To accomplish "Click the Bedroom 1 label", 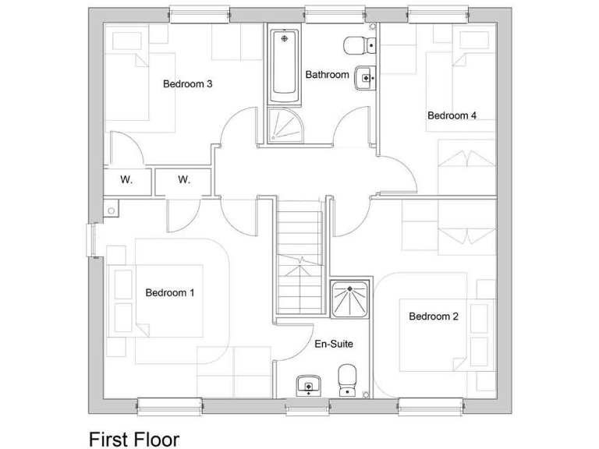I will tap(169, 292).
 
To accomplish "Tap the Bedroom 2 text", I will tap(433, 316).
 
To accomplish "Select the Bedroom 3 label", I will tap(188, 83).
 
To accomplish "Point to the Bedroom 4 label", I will tap(452, 115).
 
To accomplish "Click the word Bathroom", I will tap(327, 75).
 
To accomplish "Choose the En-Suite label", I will tap(334, 343).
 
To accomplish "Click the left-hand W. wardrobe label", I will tap(126, 180).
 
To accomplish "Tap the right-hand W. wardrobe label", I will tap(183, 180).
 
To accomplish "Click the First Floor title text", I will tap(133, 438).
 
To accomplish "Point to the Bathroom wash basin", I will tap(364, 77).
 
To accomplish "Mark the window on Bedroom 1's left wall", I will tap(91, 241).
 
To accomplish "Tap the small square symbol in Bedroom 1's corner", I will tap(112, 210).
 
